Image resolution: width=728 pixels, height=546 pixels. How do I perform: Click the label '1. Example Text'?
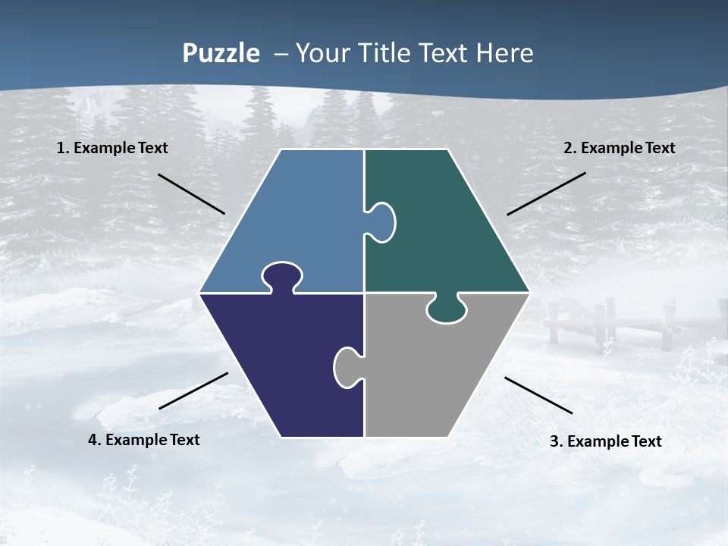112,148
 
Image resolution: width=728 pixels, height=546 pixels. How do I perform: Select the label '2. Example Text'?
619,148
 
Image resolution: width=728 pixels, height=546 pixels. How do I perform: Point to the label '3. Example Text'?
605,441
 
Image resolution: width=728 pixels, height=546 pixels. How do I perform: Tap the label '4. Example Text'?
143,440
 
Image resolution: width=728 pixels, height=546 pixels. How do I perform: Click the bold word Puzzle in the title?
221,53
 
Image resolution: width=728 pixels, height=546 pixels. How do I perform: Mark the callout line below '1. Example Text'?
191,193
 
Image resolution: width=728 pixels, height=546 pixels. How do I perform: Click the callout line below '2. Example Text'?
546,193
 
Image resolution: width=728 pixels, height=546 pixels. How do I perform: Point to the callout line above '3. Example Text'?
538,395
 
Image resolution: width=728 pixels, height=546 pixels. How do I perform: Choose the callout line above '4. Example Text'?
193,391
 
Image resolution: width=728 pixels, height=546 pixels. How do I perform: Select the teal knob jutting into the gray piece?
447,309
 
